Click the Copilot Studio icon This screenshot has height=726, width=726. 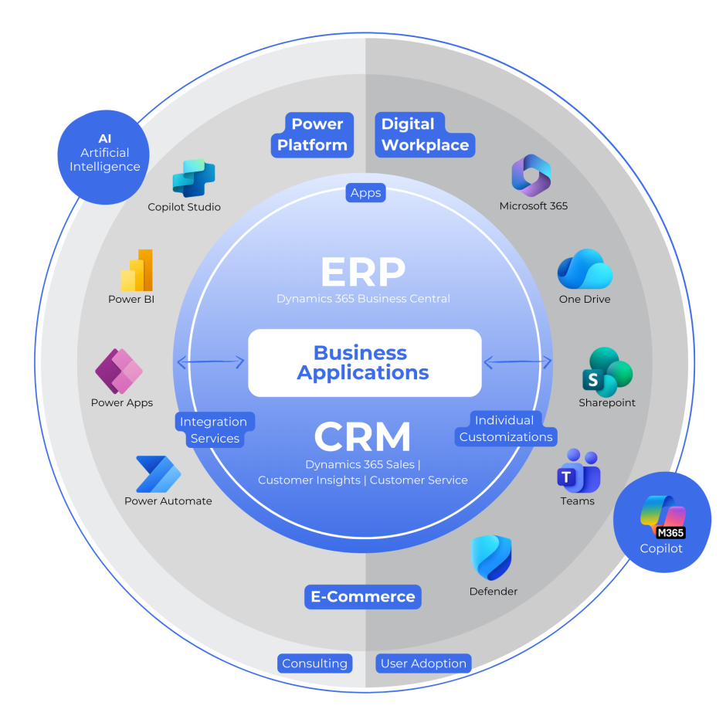[x=193, y=178]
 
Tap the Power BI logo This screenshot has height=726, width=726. [x=137, y=270]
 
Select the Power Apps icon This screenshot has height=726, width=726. [x=119, y=371]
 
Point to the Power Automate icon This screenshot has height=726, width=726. [x=158, y=473]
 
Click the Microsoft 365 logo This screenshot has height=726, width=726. [x=531, y=175]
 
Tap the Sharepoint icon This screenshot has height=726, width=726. [x=607, y=371]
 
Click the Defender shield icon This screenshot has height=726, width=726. [x=492, y=558]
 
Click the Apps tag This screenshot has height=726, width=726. [x=365, y=193]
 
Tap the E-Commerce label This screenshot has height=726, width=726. [x=363, y=596]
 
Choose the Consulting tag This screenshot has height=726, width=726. [x=314, y=663]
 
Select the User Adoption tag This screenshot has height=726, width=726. [x=423, y=663]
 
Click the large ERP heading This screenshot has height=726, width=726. [x=363, y=271]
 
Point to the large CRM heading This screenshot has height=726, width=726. [x=362, y=437]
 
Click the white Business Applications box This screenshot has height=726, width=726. [x=364, y=363]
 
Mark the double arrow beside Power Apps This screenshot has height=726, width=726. [x=211, y=361]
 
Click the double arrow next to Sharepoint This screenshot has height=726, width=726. [x=517, y=361]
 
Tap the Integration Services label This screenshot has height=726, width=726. [x=214, y=430]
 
